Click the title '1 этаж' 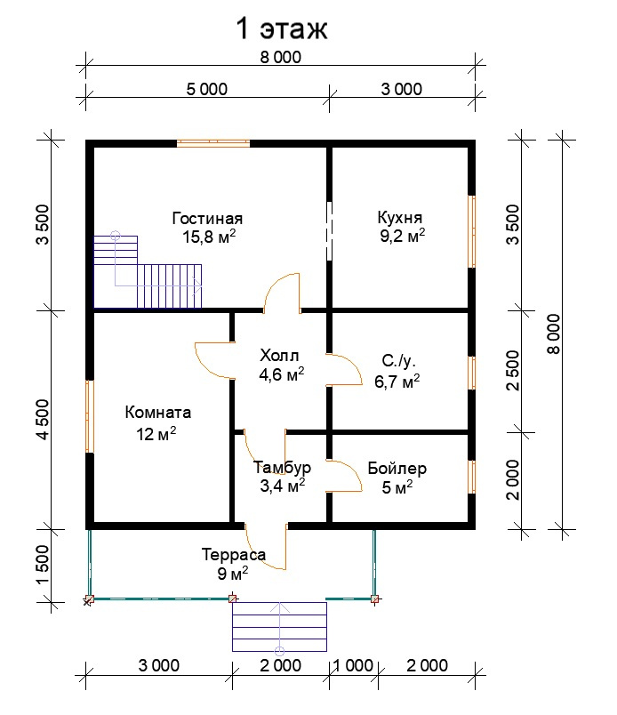pyautogui.click(x=281, y=28)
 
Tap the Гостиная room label pyautogui.click(x=207, y=219)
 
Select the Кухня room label pyautogui.click(x=400, y=218)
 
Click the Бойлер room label pyautogui.click(x=397, y=469)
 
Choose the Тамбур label pyautogui.click(x=282, y=468)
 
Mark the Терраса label pyautogui.click(x=233, y=555)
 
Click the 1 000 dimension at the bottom pyautogui.click(x=354, y=666)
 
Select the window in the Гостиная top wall pyautogui.click(x=212, y=142)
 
